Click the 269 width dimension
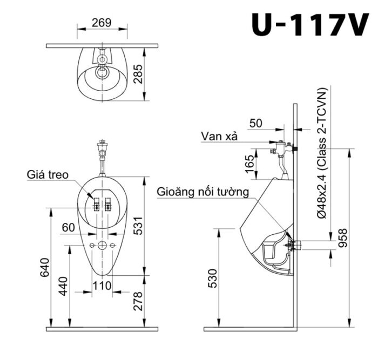tap(101, 22)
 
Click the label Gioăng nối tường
tap(203, 191)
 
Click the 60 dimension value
tap(68, 228)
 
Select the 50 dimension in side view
tap(256, 123)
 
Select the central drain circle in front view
tap(101, 246)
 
